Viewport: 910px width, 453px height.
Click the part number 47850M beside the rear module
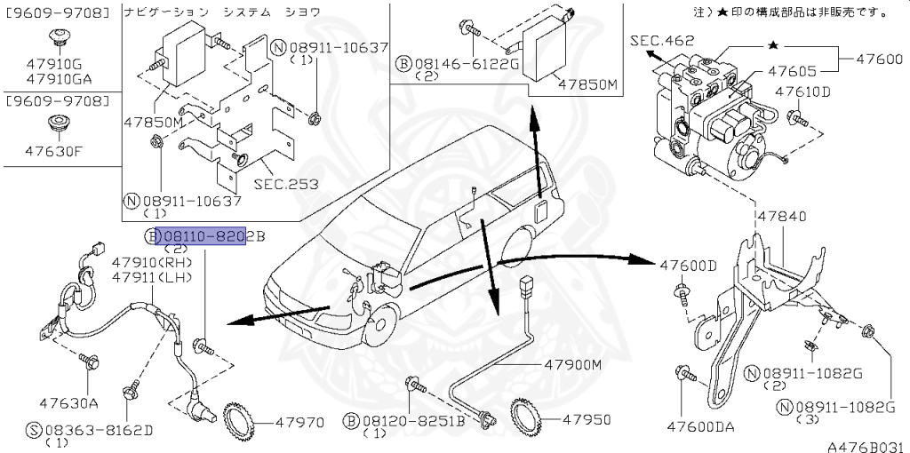[x=587, y=84]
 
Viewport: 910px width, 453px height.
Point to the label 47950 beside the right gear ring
[x=582, y=417]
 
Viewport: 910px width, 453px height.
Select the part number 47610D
[x=802, y=91]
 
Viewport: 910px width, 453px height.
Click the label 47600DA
[x=702, y=426]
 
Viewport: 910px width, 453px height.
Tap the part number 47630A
[x=68, y=402]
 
